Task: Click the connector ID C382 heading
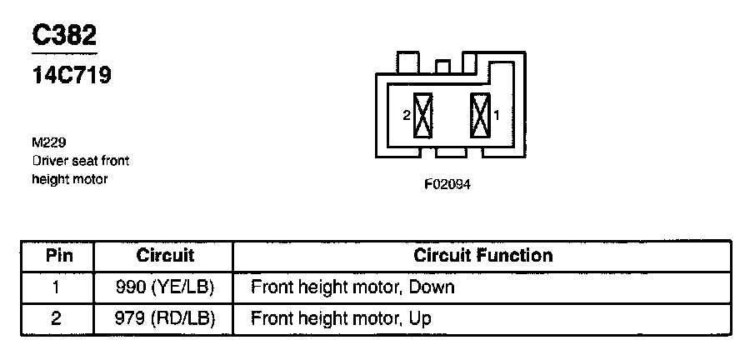64,35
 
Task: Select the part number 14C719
72,75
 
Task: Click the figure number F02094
447,185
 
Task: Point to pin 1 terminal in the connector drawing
480,116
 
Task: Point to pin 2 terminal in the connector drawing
423,116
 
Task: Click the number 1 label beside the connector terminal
496,117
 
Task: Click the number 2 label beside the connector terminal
407,117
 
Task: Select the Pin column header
57,255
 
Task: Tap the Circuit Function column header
482,255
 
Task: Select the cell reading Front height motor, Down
352,287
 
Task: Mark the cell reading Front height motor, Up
341,318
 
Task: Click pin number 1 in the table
57,287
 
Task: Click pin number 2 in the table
57,318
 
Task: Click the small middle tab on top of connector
443,65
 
